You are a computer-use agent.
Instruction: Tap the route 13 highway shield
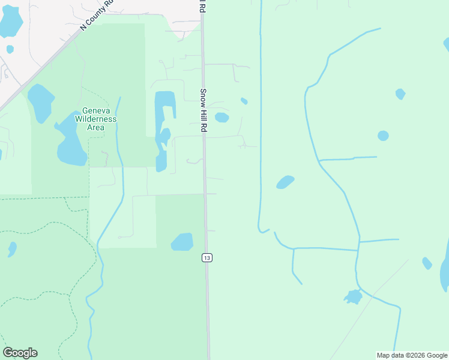tap(206, 257)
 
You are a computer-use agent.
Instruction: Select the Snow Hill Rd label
tap(203, 111)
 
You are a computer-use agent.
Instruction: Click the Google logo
tap(20, 353)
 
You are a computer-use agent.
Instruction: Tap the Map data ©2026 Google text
tap(412, 355)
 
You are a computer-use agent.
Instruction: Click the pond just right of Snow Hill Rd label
tap(221, 118)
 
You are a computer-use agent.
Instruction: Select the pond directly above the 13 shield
tap(182, 242)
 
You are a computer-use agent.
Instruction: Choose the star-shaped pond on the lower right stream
tap(354, 296)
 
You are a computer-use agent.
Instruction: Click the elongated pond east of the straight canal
tap(285, 182)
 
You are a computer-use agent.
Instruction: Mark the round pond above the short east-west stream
tap(383, 136)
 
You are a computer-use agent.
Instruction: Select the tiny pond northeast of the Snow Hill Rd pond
tap(244, 101)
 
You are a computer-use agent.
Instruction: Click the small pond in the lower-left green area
tap(12, 248)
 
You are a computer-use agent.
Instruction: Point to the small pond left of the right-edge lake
tap(427, 263)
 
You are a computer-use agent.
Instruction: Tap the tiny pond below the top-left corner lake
tap(10, 49)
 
